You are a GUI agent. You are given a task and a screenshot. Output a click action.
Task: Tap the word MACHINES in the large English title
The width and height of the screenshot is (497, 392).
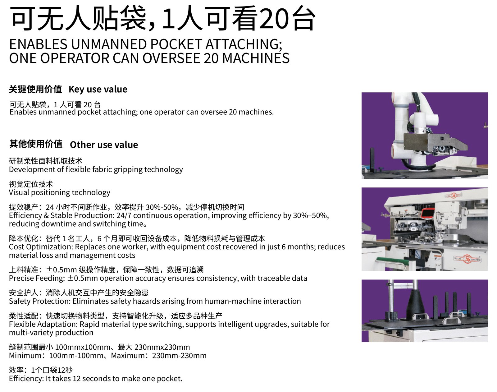click(x=256, y=58)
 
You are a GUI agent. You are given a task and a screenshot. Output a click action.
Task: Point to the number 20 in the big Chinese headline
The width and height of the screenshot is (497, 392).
click(x=273, y=18)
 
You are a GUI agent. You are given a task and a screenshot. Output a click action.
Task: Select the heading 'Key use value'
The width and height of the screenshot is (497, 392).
click(x=98, y=90)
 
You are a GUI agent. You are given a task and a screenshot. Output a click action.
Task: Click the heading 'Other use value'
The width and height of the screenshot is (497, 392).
click(x=104, y=145)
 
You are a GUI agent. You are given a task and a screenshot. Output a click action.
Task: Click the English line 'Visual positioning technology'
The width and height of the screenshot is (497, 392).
click(x=60, y=192)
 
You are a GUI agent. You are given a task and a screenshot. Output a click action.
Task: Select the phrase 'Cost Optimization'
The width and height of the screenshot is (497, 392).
click(x=41, y=247)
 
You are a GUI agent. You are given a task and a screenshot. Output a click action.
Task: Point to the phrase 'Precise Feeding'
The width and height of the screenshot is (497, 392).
click(x=37, y=278)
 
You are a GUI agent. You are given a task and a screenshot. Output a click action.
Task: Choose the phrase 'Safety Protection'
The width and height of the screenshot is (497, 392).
click(x=40, y=302)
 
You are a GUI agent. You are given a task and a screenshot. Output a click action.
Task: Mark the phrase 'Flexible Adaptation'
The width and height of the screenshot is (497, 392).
click(x=43, y=324)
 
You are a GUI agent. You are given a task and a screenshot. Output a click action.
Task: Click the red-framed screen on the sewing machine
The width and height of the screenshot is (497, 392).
click(x=427, y=213)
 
